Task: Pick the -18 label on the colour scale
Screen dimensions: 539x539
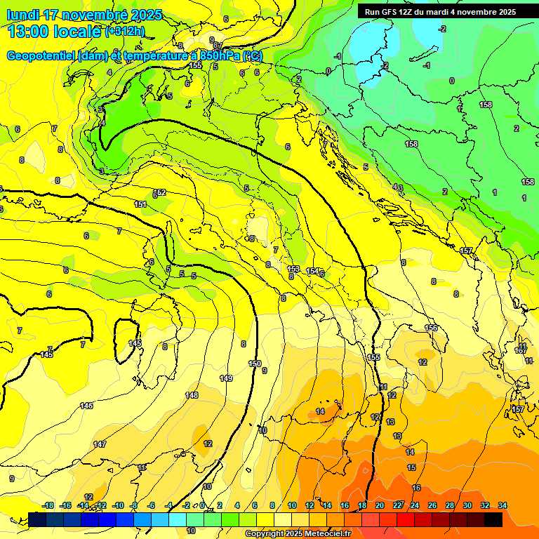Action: (x=48, y=505)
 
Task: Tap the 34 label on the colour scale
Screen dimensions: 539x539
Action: (x=503, y=505)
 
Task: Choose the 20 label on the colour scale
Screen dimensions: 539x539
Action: (x=380, y=505)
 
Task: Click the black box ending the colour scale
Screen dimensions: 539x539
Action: (x=493, y=519)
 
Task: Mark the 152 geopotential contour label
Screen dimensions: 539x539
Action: (x=159, y=192)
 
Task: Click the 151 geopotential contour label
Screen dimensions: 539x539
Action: (x=140, y=204)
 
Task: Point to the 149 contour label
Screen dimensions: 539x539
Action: (x=226, y=378)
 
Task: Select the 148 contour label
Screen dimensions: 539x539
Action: (x=192, y=395)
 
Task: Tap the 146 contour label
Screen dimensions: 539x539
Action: (x=86, y=406)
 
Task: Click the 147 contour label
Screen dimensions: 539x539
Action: (x=100, y=444)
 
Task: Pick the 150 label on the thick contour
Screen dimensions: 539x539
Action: (x=255, y=364)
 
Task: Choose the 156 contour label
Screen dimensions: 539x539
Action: (x=431, y=328)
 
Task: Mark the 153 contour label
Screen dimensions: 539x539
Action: (x=294, y=269)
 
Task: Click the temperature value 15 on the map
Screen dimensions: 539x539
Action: (x=411, y=467)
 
